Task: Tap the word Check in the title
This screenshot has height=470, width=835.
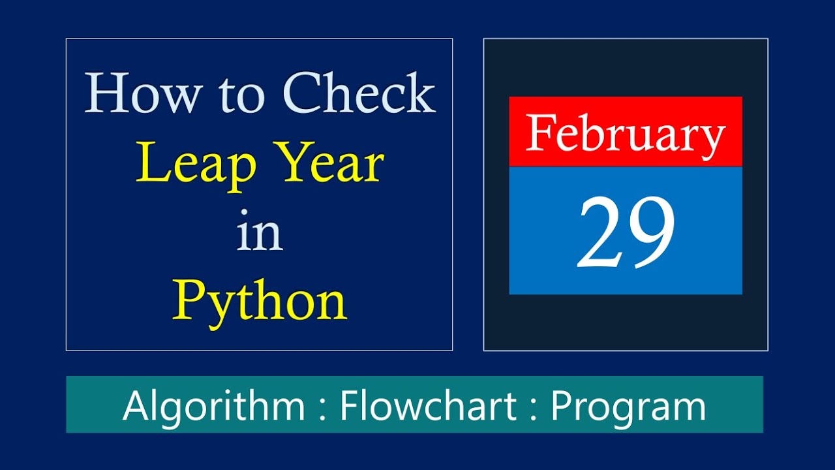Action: pos(359,94)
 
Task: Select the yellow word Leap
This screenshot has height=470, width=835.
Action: pos(196,164)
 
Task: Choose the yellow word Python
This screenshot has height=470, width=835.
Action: pos(260,302)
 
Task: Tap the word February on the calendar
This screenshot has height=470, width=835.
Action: pos(626,133)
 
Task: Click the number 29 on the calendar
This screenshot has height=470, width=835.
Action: pos(626,234)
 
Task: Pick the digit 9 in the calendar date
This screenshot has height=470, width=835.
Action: pos(651,234)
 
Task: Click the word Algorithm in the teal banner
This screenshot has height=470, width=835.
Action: pos(214,405)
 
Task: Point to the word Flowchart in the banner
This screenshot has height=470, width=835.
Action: pos(429,405)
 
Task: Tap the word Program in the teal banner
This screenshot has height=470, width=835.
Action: pos(628,407)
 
